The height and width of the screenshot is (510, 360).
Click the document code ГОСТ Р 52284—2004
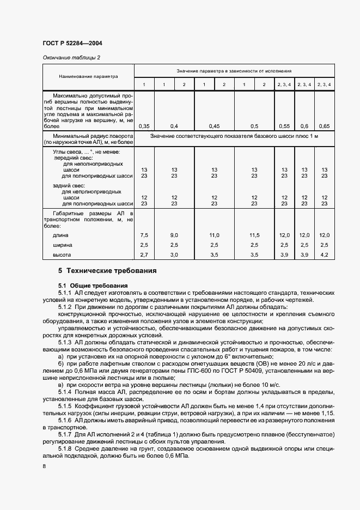72,43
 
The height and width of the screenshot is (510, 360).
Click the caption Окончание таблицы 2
71,57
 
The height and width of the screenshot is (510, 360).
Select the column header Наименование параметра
88,77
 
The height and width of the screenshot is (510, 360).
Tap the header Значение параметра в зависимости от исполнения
234,71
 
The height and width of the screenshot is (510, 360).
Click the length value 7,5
144,235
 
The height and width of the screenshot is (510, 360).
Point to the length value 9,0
174,235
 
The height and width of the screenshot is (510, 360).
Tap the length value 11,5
254,235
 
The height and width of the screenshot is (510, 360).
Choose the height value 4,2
324,254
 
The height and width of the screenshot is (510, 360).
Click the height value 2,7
144,254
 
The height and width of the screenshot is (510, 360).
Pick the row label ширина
62,245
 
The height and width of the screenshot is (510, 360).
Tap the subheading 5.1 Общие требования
93,286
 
